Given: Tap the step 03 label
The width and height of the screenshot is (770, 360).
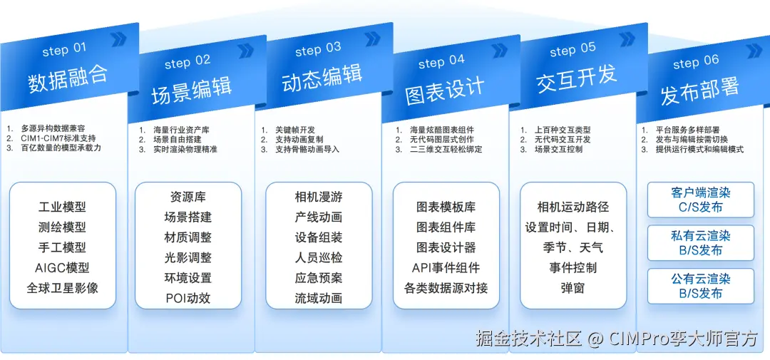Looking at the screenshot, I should pyautogui.click(x=318, y=50).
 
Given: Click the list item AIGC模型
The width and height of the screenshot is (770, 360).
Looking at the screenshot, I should pyautogui.click(x=62, y=268).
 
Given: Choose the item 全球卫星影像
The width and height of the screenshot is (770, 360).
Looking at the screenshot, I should pyautogui.click(x=62, y=288).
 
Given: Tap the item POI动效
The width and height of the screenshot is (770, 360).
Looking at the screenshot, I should pyautogui.click(x=188, y=298).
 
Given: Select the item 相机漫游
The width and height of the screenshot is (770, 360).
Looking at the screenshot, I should pyautogui.click(x=318, y=197).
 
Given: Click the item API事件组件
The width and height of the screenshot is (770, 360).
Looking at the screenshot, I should pyautogui.click(x=446, y=268).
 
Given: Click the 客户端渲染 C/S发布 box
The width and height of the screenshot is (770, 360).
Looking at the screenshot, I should pyautogui.click(x=700, y=200).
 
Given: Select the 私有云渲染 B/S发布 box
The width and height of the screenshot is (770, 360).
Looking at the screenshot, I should pyautogui.click(x=700, y=243).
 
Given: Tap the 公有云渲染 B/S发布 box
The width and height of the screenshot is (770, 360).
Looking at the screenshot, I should pyautogui.click(x=700, y=286).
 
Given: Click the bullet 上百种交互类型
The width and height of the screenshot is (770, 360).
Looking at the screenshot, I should pyautogui.click(x=563, y=130).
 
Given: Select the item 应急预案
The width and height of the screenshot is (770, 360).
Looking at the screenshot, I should pyautogui.click(x=318, y=278).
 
